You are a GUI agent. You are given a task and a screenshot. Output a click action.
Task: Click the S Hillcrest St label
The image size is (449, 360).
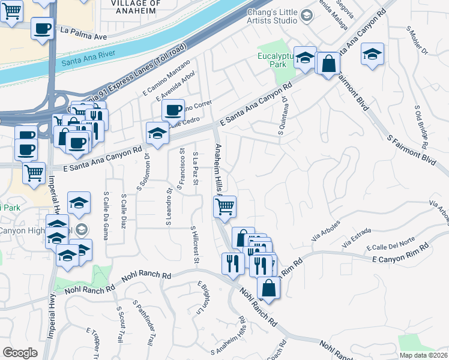coord(194,244)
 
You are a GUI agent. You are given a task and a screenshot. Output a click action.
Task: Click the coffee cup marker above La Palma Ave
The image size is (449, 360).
coord(42,28)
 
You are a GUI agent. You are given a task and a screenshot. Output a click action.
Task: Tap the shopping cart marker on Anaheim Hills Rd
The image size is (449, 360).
coord(224,206)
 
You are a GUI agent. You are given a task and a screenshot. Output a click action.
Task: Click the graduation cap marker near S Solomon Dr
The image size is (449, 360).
coord(158,133)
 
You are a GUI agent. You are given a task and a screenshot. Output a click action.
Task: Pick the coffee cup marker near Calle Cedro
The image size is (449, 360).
coord(173,110)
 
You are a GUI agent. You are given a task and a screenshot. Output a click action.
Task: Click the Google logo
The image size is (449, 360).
coord(20,353)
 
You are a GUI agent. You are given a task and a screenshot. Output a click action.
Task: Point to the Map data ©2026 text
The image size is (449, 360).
coord(423,355)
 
